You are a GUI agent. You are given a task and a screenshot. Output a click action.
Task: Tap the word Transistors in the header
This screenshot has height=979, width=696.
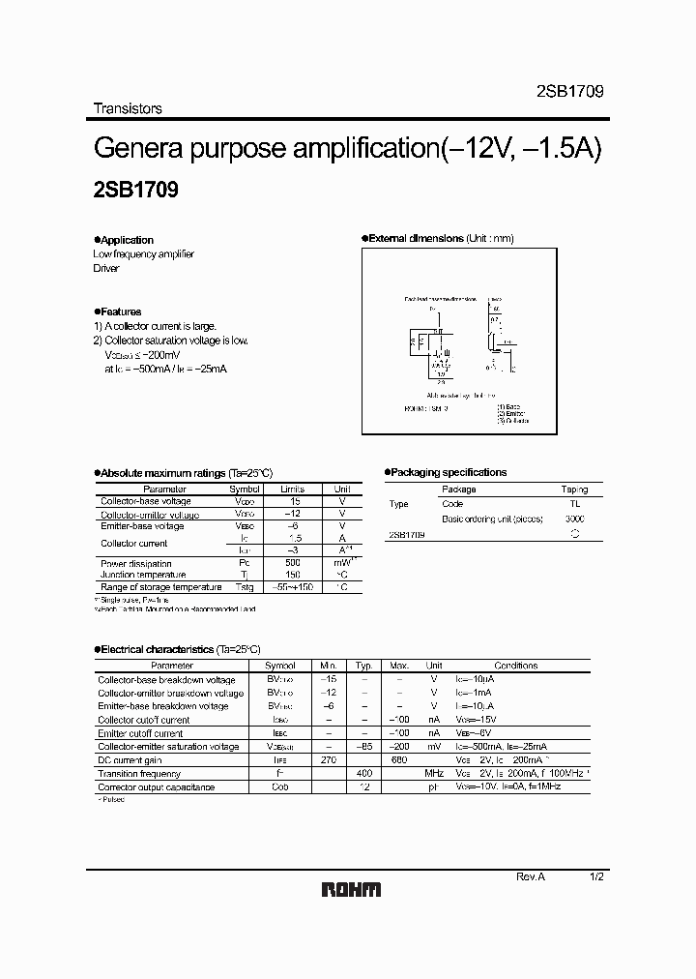[128, 108]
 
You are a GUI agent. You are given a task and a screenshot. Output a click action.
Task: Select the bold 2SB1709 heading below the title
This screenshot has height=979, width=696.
[135, 192]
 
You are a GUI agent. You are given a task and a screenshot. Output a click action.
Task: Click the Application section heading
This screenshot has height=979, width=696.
[127, 240]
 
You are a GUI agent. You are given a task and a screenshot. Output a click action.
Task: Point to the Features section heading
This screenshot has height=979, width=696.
[121, 311]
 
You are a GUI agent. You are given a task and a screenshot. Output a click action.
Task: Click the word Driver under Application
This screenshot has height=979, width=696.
[106, 268]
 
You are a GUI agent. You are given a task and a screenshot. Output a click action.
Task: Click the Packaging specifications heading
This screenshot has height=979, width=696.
[449, 472]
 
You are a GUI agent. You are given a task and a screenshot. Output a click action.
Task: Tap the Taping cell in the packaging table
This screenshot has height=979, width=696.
[574, 489]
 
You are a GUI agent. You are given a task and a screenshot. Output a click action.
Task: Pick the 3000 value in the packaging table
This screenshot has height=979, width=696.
[574, 519]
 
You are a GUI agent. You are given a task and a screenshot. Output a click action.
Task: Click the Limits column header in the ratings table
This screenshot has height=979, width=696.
[292, 489]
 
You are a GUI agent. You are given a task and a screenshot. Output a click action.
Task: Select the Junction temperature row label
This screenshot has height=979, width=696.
[143, 575]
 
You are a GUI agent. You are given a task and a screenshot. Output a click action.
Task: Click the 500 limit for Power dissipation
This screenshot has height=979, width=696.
[292, 562]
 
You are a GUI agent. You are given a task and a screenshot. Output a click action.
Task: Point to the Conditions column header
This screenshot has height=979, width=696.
[515, 666]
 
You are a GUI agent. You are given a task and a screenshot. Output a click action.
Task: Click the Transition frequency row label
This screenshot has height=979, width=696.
[139, 774]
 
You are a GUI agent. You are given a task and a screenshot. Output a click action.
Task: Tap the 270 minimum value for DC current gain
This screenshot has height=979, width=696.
[327, 760]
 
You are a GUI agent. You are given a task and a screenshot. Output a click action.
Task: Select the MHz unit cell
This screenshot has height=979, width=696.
[434, 774]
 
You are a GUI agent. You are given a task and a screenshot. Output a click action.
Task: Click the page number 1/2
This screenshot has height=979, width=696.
[596, 875]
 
